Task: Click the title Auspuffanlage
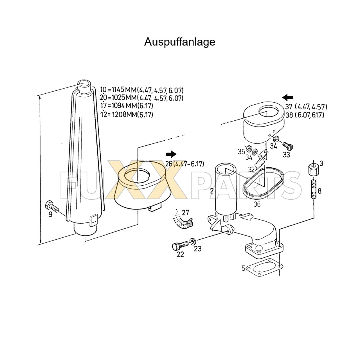[x=180, y=42]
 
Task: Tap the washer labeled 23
[x=193, y=241]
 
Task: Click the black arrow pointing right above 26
[x=171, y=154]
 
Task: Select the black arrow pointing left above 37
[x=287, y=98]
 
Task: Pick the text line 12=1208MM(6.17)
[x=127, y=114]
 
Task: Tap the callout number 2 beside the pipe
[x=211, y=191]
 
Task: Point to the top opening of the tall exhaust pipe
[x=84, y=84]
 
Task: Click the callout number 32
[x=251, y=169]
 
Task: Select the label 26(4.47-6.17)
[x=184, y=164]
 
